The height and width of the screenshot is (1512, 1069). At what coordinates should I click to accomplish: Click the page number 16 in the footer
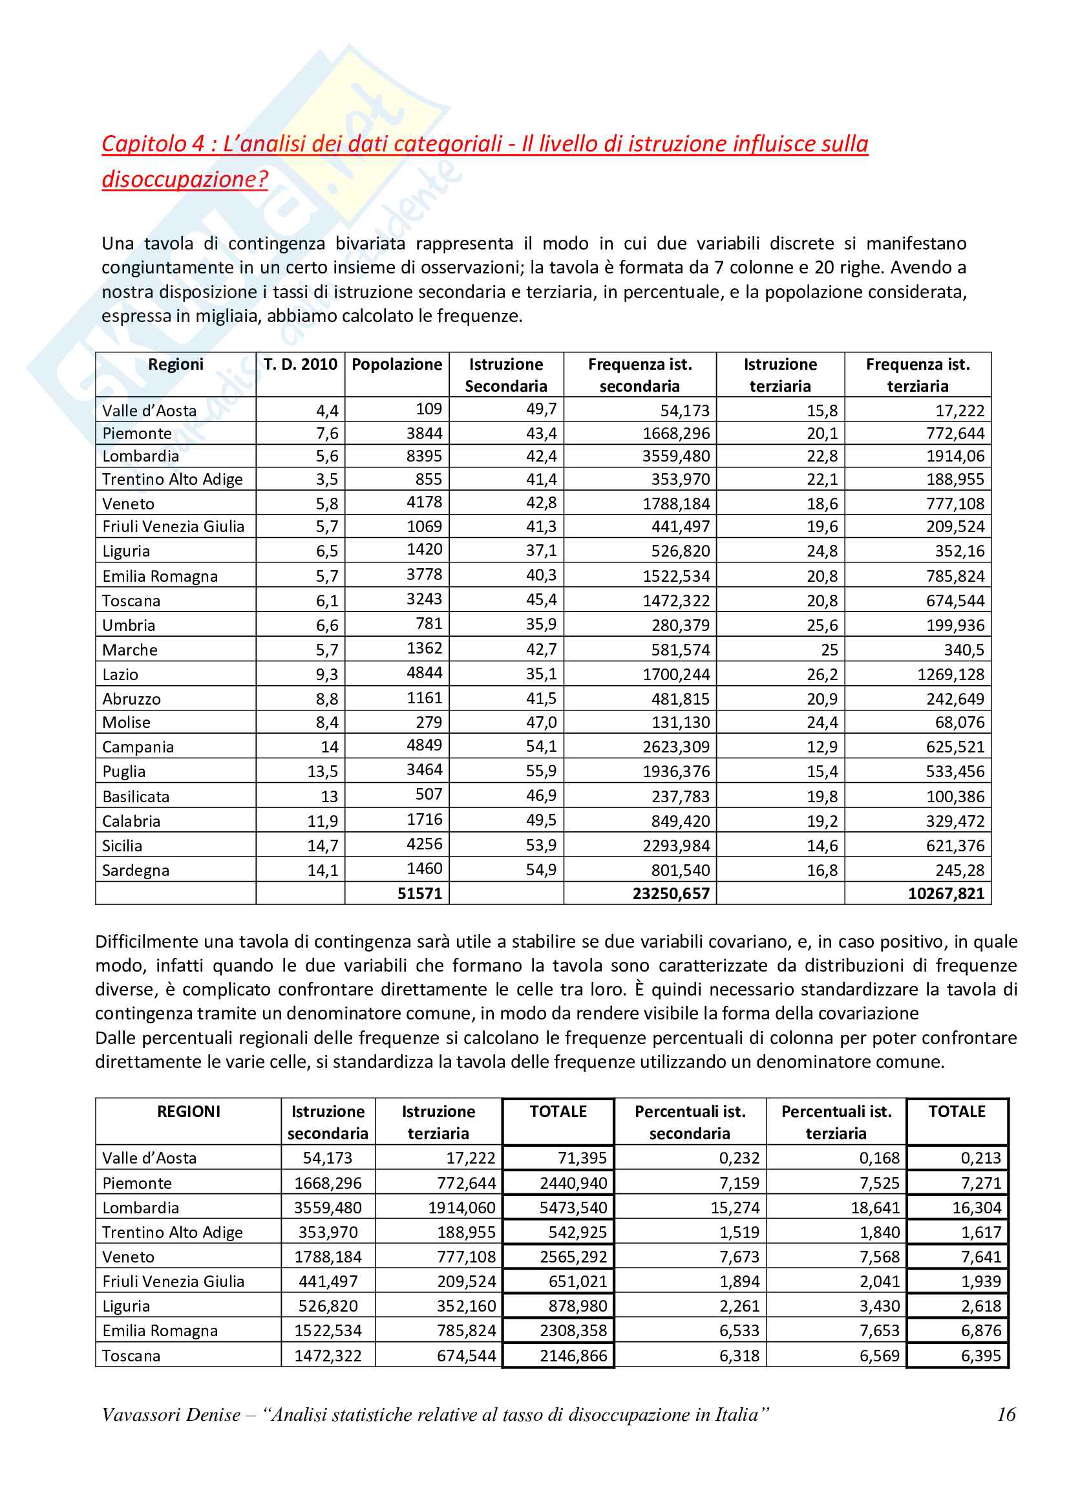1006,1414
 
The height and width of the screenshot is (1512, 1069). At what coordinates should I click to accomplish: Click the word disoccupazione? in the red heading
185,179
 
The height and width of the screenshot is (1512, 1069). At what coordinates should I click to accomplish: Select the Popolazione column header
397,364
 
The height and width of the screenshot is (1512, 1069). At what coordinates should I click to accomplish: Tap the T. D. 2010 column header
300,364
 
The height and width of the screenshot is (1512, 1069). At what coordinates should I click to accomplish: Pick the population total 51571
419,893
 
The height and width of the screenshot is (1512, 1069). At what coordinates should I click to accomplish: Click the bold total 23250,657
671,893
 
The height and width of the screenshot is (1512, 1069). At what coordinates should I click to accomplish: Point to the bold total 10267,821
946,893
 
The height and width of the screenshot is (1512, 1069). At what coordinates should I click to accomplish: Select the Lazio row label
120,674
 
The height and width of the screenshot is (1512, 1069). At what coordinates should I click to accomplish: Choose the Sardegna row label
136,871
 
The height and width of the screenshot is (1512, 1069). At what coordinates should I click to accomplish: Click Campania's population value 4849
425,745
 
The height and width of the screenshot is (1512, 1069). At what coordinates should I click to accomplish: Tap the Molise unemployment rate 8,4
326,723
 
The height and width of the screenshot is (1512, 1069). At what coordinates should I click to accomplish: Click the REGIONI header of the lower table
189,1112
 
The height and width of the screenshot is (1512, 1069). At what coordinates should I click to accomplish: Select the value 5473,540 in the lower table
573,1208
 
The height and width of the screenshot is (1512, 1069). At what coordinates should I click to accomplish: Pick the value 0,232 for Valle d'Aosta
739,1158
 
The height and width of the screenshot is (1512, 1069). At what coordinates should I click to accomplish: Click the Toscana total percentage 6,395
981,1356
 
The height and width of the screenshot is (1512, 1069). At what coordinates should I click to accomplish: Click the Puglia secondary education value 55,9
541,771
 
